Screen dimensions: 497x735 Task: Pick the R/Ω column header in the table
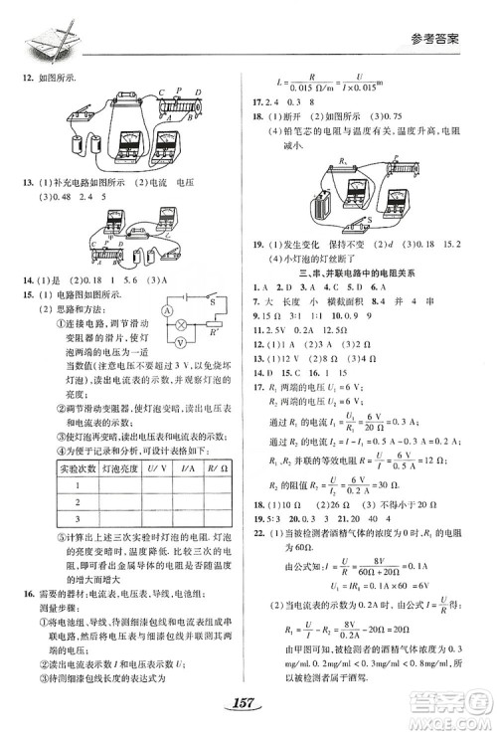210,465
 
